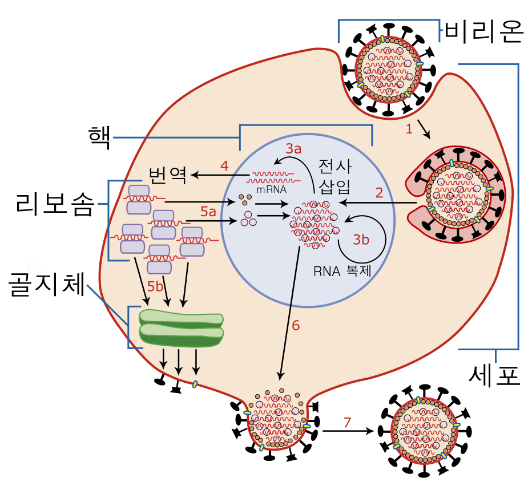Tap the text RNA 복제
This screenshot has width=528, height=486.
pos(342,271)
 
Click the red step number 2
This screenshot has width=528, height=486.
pos(379,192)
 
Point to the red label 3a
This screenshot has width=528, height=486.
pos(293,149)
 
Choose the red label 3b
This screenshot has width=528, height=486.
pos(361,240)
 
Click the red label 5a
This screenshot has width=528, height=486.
pos(208,212)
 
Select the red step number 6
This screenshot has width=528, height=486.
pos(296,326)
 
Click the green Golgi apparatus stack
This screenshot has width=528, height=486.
pos(182,328)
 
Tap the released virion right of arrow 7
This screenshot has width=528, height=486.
pos(424,430)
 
